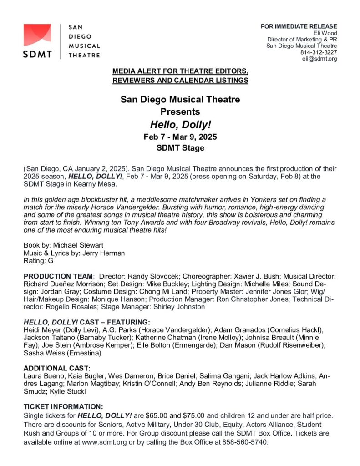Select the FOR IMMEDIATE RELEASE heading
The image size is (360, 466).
pyautogui.click(x=299, y=26)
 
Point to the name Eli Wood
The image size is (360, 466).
pyautogui.click(x=325, y=33)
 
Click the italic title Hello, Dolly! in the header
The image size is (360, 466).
pyautogui.click(x=180, y=124)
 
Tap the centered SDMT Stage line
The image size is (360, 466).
pyautogui.click(x=180, y=148)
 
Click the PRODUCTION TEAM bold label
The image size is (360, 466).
pyautogui.click(x=58, y=276)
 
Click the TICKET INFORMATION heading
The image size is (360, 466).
pyautogui.click(x=63, y=406)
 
